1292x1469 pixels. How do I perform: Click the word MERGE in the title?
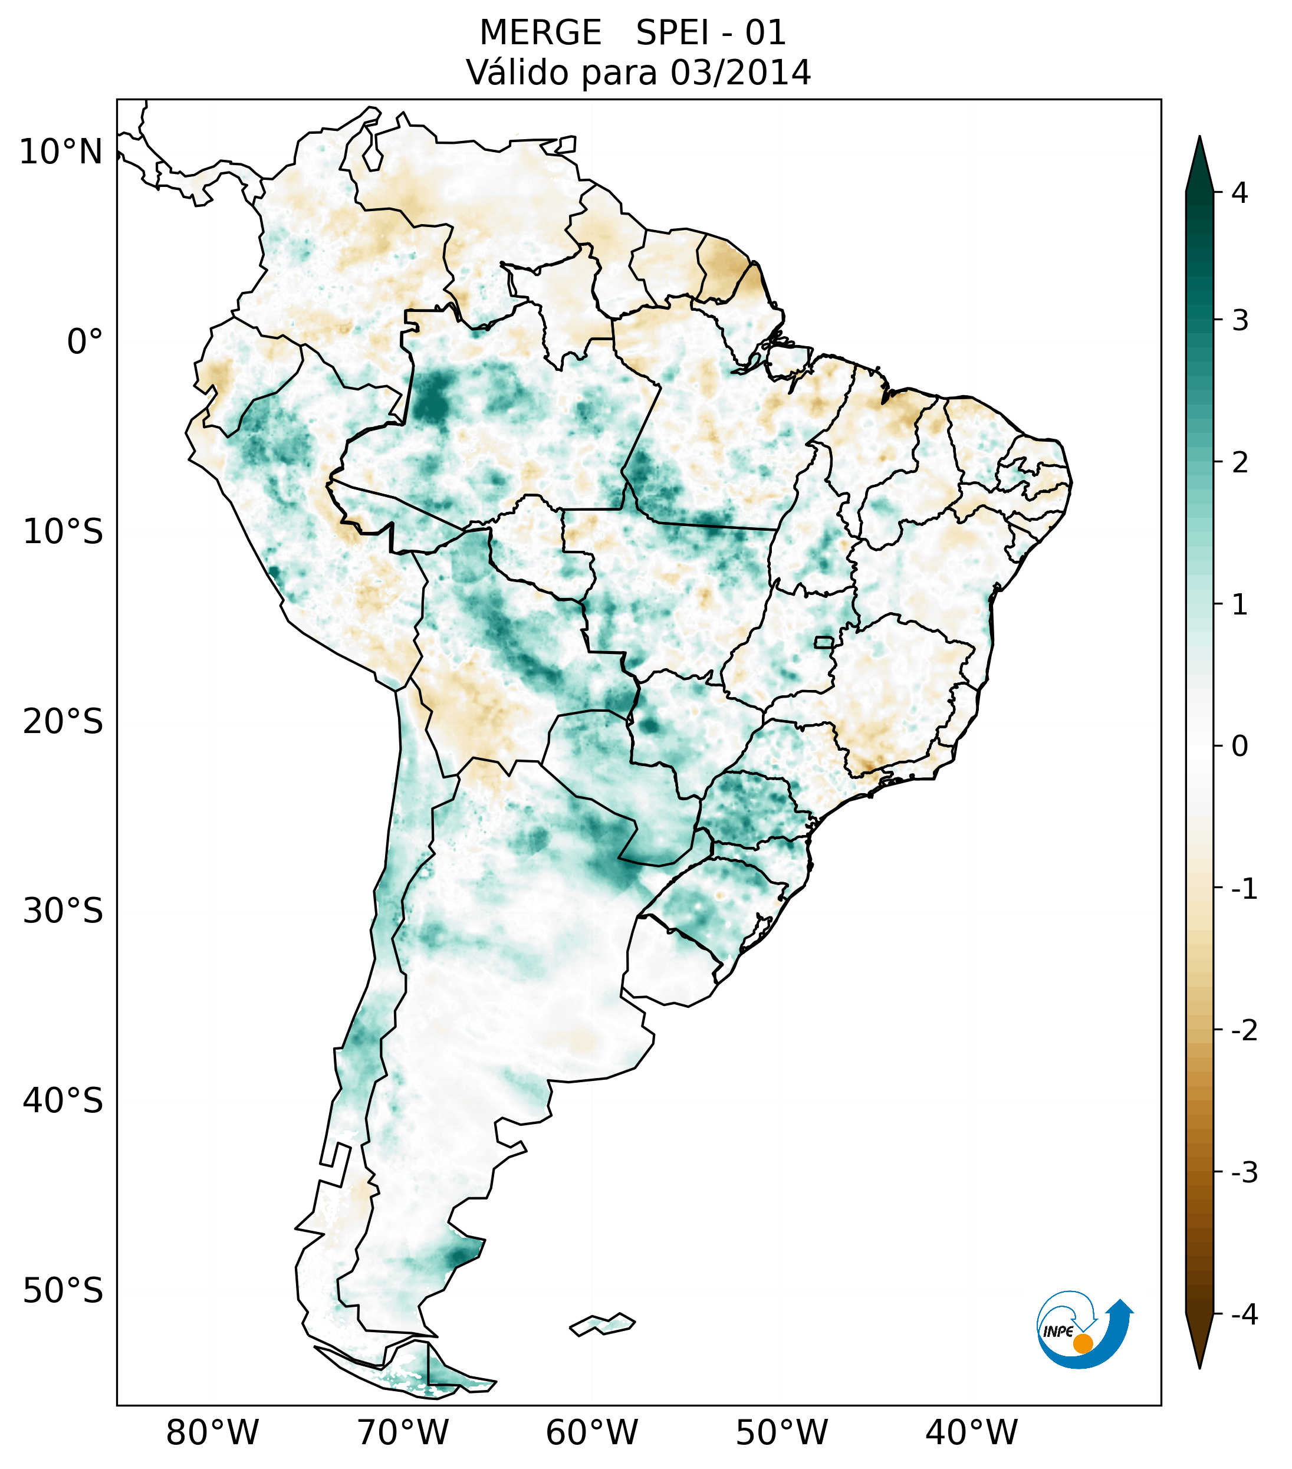point(540,33)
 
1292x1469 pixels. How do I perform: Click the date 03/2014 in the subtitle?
point(740,73)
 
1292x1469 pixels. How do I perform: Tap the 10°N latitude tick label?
point(61,152)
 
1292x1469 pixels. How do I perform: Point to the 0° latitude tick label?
point(85,342)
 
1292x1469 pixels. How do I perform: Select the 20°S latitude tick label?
point(63,722)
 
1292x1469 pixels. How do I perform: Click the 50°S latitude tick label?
point(63,1291)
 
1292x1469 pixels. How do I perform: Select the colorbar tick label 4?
point(1240,193)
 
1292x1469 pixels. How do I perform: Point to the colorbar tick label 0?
point(1240,747)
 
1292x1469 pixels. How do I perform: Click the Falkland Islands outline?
point(602,1324)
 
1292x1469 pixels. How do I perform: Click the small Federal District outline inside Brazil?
point(825,642)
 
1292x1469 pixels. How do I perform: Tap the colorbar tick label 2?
point(1240,463)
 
